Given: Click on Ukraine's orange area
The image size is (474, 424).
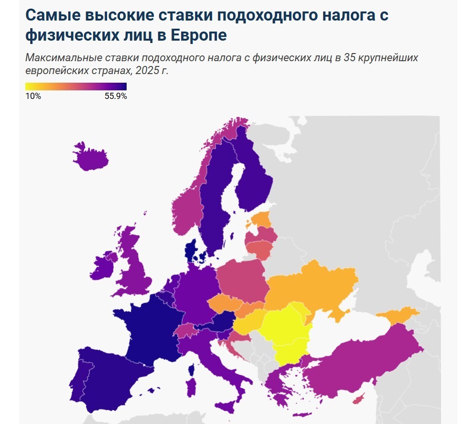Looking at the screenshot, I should [311, 287].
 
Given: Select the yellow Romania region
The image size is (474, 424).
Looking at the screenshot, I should [284, 327].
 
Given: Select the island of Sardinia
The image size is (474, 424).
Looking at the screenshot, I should [191, 387].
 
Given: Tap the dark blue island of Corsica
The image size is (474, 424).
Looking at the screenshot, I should [193, 369].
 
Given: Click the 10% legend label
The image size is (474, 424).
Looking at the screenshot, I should [33, 96].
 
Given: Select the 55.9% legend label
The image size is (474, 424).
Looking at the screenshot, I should [116, 96].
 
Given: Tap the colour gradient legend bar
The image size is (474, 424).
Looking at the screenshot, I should [75, 87].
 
